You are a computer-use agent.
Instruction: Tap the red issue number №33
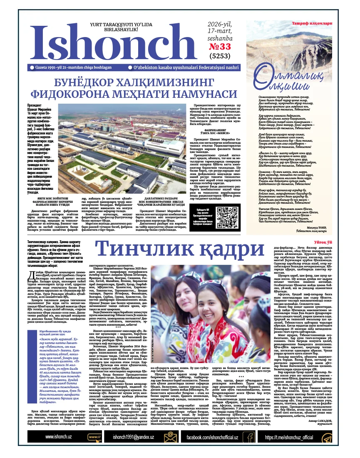221,47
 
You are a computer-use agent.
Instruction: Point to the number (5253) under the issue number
221,56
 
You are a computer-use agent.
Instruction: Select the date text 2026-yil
221,25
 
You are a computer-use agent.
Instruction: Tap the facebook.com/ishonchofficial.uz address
212,438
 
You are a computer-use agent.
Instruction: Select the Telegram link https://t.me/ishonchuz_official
288,438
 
